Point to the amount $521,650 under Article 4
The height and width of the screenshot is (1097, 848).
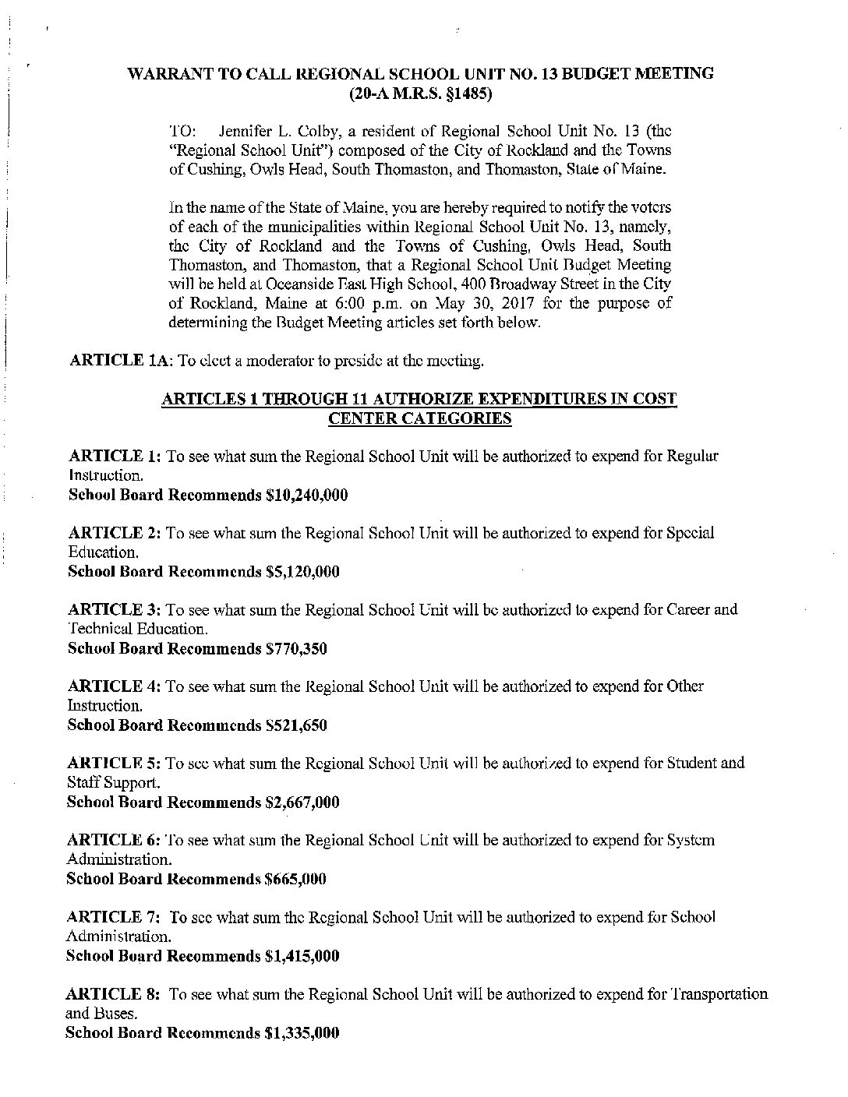pyautogui.click(x=296, y=725)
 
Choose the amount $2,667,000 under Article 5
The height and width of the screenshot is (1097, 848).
pyautogui.click(x=302, y=802)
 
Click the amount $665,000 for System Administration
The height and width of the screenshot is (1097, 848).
pyautogui.click(x=295, y=879)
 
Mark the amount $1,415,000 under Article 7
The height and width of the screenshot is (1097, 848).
pyautogui.click(x=302, y=956)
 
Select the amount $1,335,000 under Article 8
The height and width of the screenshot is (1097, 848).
pyautogui.click(x=302, y=1033)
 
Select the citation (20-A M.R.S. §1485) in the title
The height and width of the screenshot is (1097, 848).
pyautogui.click(x=420, y=94)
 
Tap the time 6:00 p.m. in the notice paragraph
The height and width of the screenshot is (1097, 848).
pyautogui.click(x=427, y=303)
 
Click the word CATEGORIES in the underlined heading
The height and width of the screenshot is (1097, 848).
pyautogui.click(x=420, y=419)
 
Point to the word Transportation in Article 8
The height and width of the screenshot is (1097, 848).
pyautogui.click(x=719, y=994)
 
